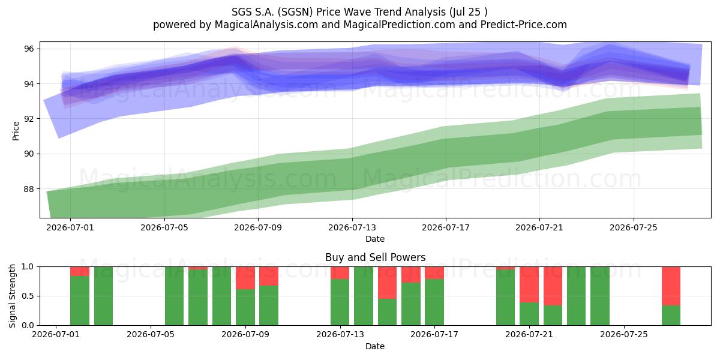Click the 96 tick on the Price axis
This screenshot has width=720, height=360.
29,49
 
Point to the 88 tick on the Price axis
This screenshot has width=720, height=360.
29,189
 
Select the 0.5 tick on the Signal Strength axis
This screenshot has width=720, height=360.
28,296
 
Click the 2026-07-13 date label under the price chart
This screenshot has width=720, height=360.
352,227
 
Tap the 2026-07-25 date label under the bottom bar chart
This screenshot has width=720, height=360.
624,334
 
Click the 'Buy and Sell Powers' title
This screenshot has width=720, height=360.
375,257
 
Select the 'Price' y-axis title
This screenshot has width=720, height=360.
16,131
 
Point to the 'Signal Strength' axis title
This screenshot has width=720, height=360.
12,296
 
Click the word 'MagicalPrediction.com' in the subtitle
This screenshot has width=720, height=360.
399,25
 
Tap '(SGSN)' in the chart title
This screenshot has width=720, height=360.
295,12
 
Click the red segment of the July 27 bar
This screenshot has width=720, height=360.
671,286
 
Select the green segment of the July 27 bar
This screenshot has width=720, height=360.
671,316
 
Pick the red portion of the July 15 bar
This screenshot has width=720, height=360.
387,283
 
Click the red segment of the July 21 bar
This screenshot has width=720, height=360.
529,284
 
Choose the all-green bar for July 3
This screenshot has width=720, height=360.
103,296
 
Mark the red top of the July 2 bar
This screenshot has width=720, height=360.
80,271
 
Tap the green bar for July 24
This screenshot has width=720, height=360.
600,296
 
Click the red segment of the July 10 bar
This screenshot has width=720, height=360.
269,276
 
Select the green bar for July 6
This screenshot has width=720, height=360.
174,296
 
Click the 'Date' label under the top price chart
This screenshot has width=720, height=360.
375,239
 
